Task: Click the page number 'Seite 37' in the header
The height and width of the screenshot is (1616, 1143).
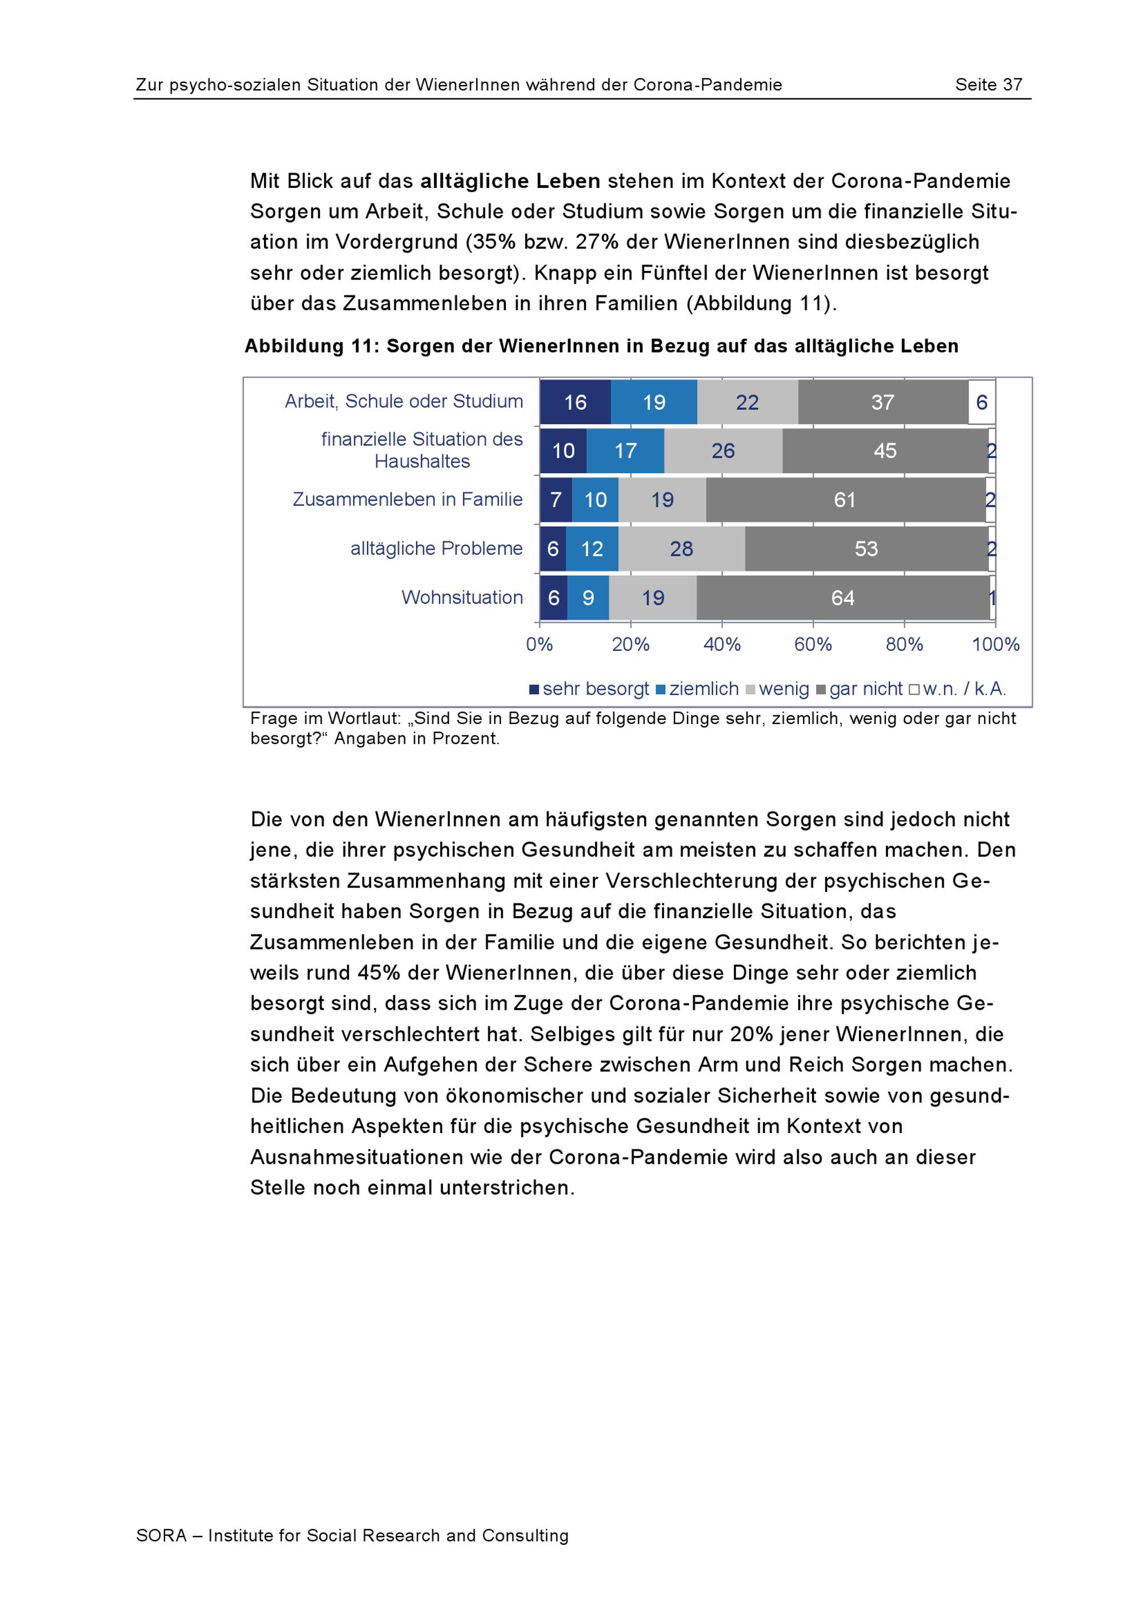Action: [988, 85]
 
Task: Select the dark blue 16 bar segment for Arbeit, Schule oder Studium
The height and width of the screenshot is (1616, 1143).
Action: [575, 403]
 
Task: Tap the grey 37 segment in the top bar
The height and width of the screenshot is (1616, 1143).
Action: [882, 403]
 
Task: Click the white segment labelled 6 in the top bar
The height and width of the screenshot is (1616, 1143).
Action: [981, 403]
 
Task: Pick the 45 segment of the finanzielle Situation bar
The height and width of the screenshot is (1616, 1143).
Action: [885, 451]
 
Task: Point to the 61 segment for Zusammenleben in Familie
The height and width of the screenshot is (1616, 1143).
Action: [845, 501]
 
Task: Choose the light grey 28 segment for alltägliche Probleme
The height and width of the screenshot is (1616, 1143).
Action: [681, 549]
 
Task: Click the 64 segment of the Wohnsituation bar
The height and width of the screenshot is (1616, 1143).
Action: [842, 598]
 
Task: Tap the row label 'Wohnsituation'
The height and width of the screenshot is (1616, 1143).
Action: [462, 598]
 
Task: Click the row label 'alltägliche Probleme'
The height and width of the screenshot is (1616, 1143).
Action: [437, 549]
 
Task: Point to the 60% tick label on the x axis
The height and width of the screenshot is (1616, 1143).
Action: [813, 645]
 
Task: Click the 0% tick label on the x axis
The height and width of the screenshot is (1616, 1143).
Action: [540, 645]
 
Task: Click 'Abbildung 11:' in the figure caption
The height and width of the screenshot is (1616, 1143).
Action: [312, 346]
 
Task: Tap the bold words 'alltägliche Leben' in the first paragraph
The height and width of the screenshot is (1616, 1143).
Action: [510, 182]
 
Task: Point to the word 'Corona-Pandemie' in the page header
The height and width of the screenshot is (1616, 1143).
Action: [708, 85]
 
